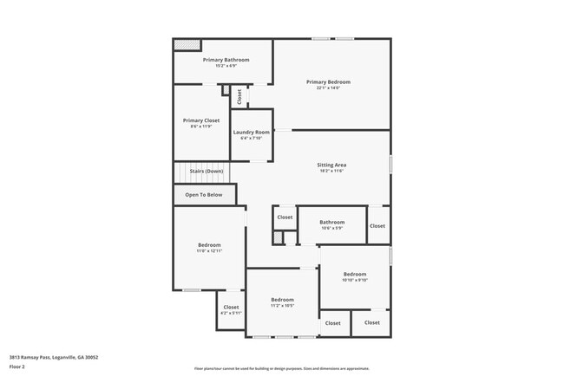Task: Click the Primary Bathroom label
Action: coord(226,60)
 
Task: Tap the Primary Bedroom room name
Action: coord(328,82)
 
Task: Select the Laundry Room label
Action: coord(251,132)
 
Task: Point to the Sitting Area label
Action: coord(332,165)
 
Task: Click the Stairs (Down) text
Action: coord(206,172)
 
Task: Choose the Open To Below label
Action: coord(204,195)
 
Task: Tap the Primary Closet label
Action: coord(200,120)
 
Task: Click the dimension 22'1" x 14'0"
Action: coord(328,88)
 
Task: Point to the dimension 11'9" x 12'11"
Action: coord(208,251)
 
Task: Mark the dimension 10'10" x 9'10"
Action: coord(355,280)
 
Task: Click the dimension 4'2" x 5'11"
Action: coord(231,313)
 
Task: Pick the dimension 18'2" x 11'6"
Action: coord(332,171)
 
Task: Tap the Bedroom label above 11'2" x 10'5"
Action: coord(282,300)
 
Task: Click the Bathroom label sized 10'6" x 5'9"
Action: coord(332,222)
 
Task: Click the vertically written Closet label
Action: coord(239,97)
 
